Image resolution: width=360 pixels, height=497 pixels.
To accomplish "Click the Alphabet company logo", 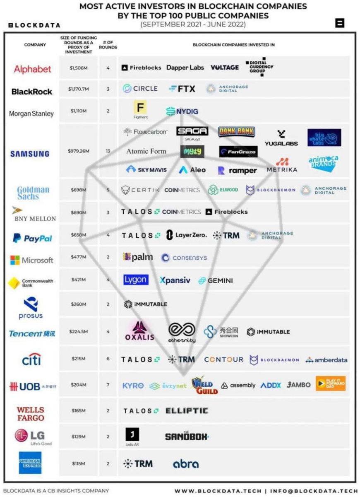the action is (33, 69).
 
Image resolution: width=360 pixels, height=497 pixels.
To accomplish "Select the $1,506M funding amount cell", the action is (79, 68).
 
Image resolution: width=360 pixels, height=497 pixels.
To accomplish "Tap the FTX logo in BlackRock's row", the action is (182, 89).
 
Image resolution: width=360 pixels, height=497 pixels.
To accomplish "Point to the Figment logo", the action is (140, 109).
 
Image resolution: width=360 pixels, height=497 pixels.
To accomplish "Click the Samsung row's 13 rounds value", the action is (108, 152).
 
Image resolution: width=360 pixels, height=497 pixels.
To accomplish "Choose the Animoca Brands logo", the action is (323, 164).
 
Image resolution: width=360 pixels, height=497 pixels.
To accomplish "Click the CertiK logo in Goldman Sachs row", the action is (140, 190).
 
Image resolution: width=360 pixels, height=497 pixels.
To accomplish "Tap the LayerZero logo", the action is (187, 235).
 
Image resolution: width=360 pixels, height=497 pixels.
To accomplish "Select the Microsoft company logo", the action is (32, 260).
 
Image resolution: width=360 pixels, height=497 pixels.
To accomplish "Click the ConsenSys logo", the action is (184, 258).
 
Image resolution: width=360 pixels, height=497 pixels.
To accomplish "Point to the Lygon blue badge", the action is (136, 280).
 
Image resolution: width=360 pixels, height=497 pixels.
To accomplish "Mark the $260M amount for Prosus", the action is (78, 304).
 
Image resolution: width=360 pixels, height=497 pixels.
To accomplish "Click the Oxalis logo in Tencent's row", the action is (140, 331).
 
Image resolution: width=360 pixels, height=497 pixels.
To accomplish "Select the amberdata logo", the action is (326, 359).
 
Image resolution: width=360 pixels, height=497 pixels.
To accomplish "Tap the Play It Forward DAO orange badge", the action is (330, 384).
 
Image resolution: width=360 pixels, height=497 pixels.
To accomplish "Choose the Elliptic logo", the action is (187, 411).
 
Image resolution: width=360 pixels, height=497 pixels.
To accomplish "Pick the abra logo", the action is (186, 464).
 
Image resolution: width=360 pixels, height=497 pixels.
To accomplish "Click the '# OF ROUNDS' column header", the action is (108, 45).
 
